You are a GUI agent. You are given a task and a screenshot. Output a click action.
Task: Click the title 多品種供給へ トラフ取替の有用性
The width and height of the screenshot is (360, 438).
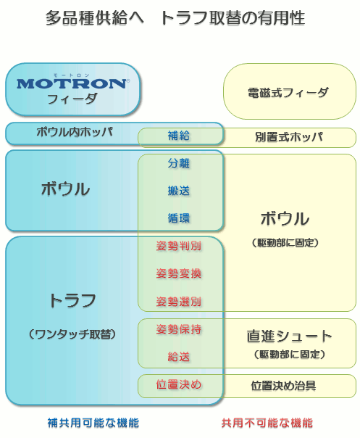[175, 18]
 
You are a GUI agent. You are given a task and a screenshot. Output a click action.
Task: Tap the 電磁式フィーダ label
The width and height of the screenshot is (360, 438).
[288, 93]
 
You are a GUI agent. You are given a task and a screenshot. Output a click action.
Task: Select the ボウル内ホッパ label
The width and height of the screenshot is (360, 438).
[75, 132]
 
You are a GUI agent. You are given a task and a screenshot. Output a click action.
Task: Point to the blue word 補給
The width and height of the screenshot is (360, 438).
[179, 136]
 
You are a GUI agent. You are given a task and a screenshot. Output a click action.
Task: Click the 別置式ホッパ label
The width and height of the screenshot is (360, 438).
[289, 137]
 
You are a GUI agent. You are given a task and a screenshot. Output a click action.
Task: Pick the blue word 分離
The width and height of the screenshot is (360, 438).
[179, 163]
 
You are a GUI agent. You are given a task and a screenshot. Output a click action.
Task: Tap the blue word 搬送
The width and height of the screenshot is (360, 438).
[179, 191]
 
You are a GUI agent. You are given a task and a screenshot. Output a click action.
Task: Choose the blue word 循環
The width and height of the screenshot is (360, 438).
[179, 218]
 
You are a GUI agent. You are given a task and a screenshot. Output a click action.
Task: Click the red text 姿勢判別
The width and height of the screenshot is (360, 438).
[179, 246]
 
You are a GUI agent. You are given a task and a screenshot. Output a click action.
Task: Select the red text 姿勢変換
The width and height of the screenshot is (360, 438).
[179, 273]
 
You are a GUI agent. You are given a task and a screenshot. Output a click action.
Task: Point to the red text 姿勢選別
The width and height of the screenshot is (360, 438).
[179, 302]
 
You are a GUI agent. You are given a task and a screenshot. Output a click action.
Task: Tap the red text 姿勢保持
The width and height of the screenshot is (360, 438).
[179, 329]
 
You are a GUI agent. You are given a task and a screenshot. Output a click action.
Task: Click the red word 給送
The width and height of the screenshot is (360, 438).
[179, 357]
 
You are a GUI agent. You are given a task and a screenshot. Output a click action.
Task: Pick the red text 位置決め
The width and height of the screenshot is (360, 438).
[179, 384]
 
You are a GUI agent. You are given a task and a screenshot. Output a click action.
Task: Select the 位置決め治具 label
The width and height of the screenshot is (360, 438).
[283, 386]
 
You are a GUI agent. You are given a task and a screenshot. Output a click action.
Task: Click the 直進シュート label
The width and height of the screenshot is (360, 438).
[290, 336]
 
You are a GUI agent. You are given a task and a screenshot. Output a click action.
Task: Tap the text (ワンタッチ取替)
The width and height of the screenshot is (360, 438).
[72, 334]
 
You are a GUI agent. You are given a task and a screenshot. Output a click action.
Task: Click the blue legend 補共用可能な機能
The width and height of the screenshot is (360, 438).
[93, 423]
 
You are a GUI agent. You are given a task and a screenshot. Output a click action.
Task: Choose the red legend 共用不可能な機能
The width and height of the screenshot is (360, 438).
[267, 423]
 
